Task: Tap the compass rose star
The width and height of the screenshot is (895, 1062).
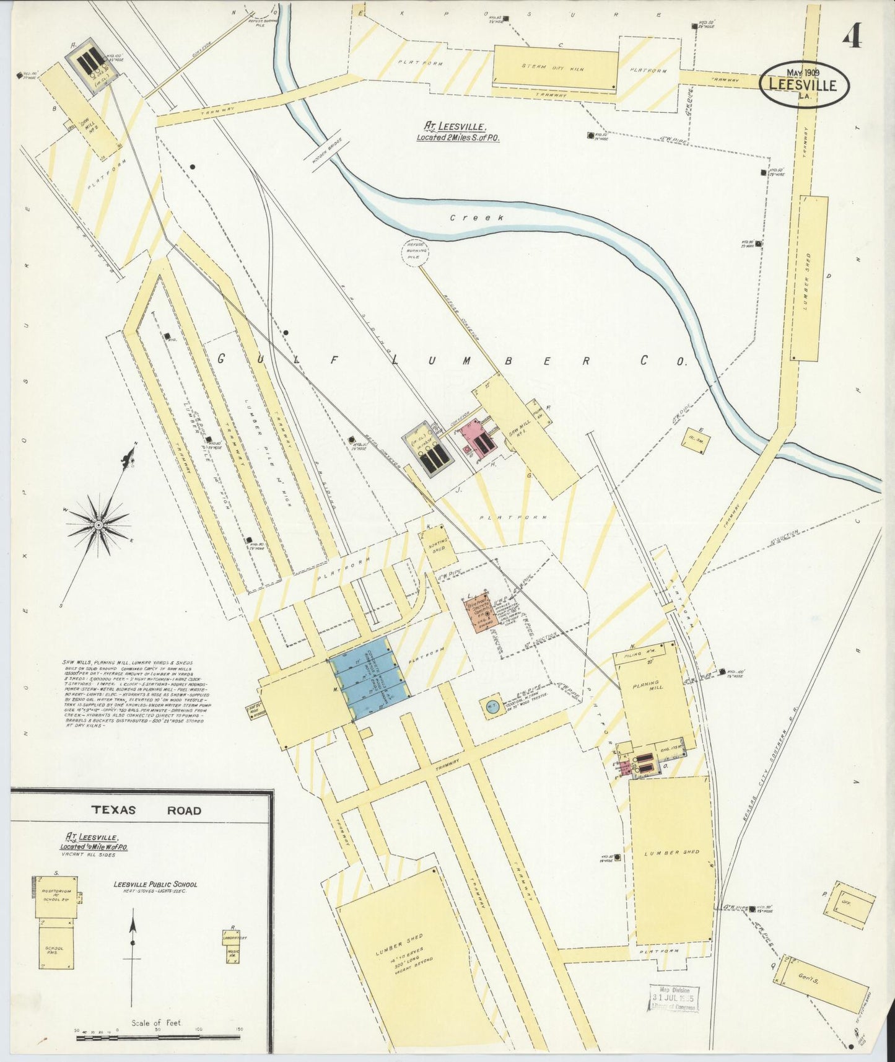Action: point(97,524)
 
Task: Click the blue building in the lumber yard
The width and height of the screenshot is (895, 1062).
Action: point(369,677)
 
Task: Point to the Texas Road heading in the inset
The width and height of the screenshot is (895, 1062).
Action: point(146,810)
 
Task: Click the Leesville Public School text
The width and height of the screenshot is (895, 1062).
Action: point(155,884)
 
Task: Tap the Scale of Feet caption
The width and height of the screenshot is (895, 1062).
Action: point(156,1022)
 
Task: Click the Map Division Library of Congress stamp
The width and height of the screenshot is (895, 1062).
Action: point(674,997)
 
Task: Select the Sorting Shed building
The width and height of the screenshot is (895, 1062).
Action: point(438,545)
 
